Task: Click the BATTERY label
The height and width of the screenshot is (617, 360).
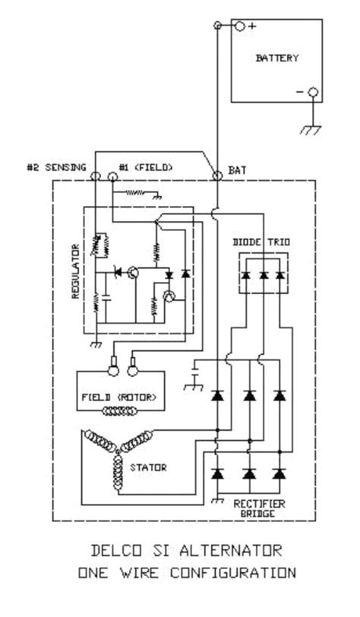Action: (x=277, y=59)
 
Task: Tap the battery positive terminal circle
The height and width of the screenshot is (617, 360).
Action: (x=239, y=26)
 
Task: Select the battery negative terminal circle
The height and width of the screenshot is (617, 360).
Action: (x=311, y=93)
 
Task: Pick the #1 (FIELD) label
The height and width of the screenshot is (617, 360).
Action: (x=146, y=167)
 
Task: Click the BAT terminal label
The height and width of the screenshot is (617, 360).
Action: (x=237, y=172)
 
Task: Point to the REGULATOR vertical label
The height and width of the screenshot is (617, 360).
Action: (x=76, y=272)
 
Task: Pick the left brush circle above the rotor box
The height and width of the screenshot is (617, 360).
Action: (x=111, y=370)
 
